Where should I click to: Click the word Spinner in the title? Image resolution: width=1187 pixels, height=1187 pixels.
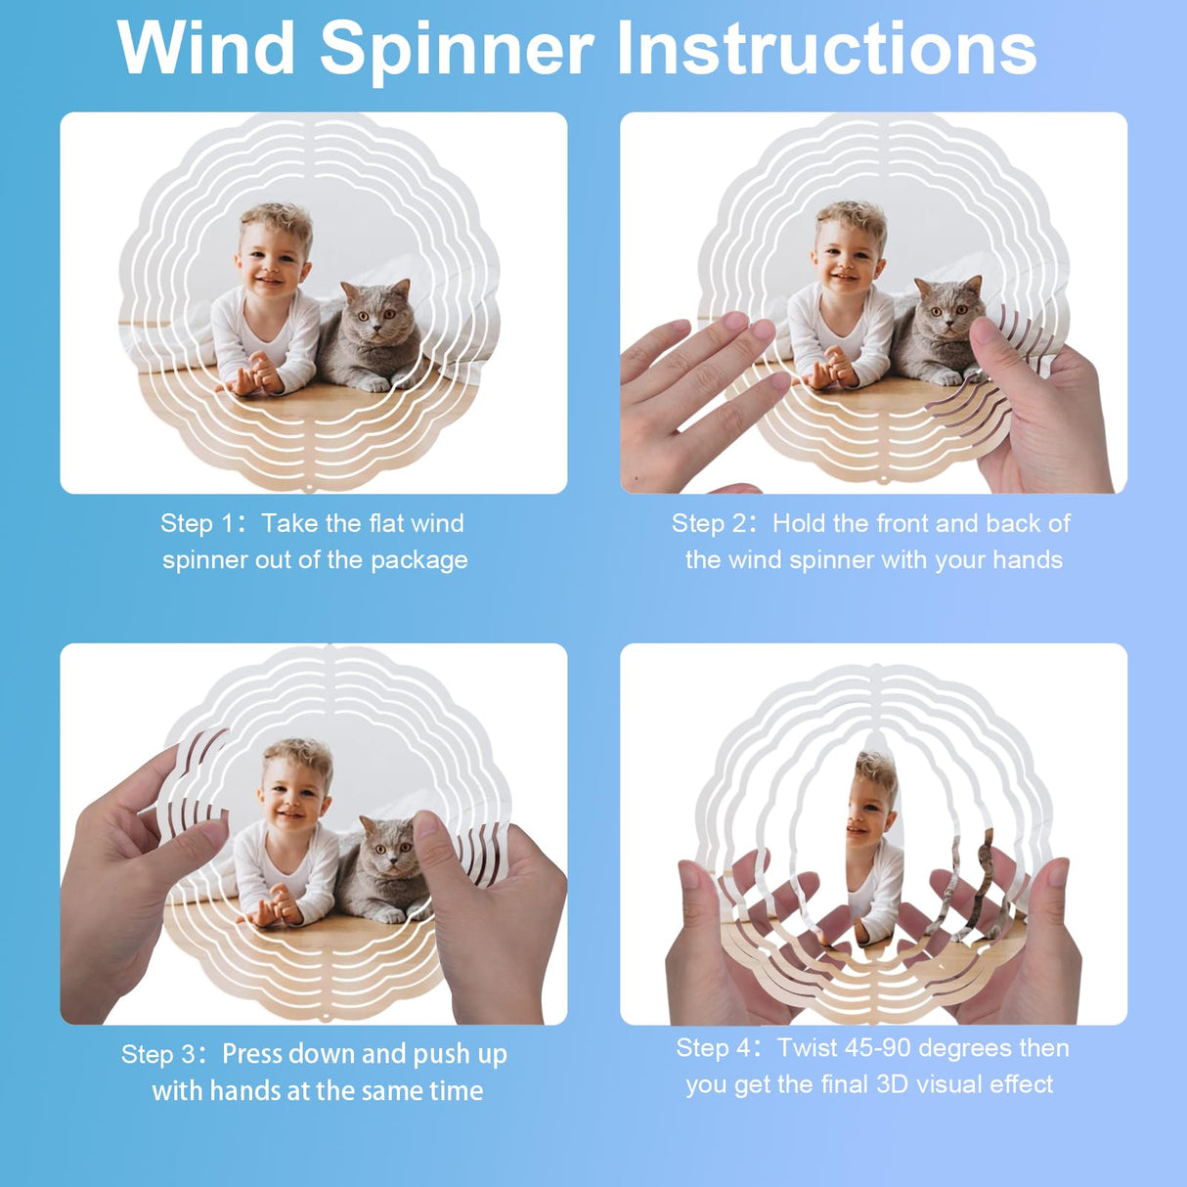(x=456, y=48)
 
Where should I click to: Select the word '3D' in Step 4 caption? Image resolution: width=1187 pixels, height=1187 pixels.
(x=893, y=1084)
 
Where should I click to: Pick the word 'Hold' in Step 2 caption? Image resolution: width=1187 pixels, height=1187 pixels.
(x=799, y=523)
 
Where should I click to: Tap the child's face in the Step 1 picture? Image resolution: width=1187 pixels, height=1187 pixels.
(x=273, y=259)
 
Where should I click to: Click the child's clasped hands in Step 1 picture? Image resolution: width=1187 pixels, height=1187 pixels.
(x=258, y=374)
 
